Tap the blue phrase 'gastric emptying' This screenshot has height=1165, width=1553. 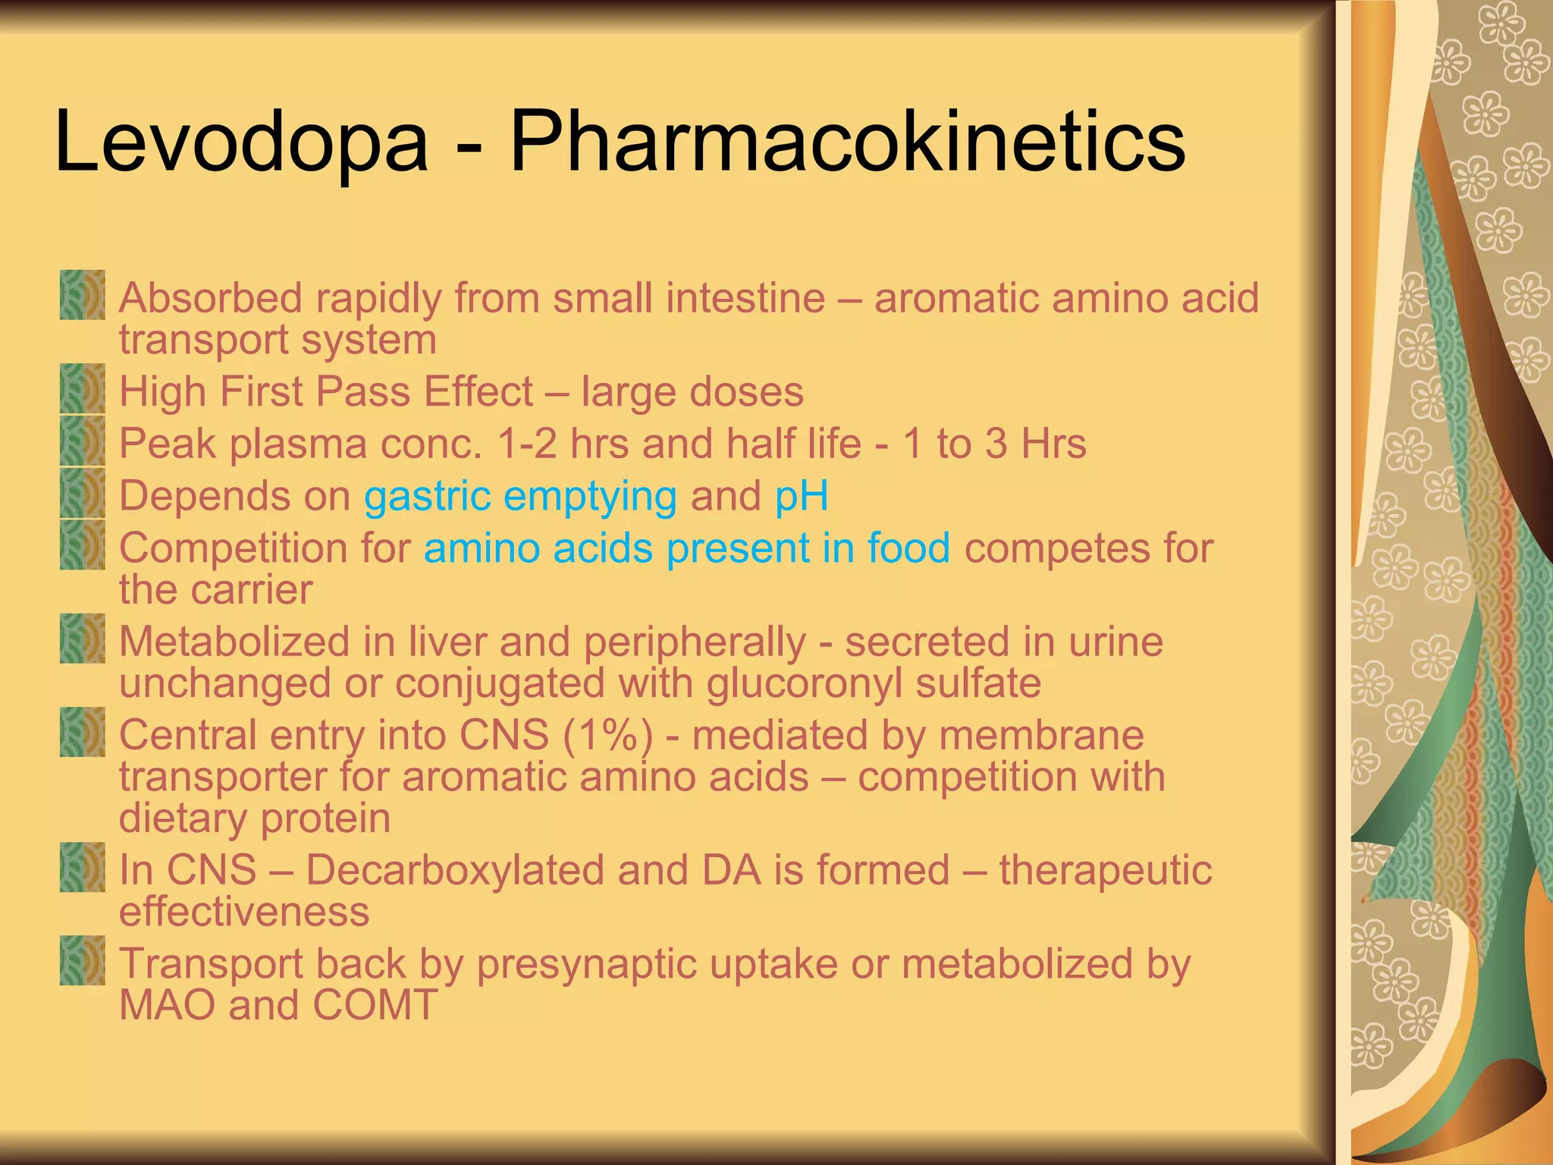click(520, 497)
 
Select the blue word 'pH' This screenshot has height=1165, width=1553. click(801, 497)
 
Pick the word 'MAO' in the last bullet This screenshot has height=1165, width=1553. click(167, 1005)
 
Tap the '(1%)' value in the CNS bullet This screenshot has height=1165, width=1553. click(607, 735)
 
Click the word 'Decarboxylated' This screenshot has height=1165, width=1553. click(455, 870)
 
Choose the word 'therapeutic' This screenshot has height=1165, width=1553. click(1105, 870)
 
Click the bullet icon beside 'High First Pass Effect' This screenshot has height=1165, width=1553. click(83, 389)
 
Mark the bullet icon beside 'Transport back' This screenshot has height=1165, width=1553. click(83, 960)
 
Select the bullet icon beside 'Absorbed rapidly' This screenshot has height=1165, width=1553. click(83, 295)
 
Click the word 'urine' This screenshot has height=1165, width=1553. click(1115, 642)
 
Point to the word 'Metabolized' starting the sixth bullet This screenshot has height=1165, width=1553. click(234, 642)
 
